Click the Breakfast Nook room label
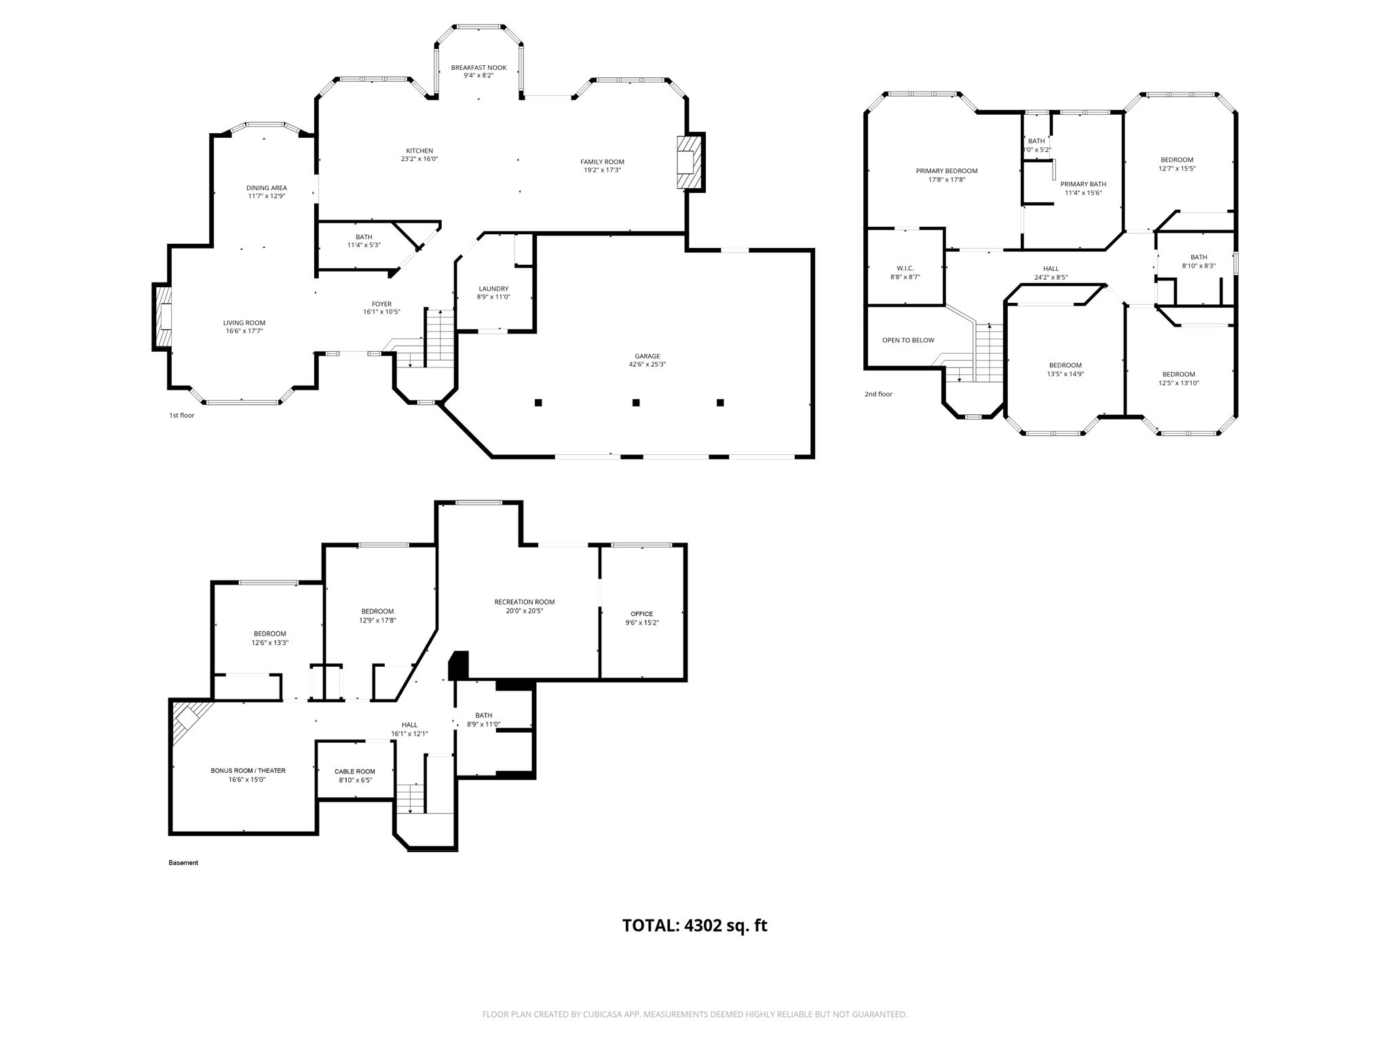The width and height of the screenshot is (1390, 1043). tap(478, 67)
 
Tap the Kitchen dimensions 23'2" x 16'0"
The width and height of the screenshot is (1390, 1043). tap(419, 159)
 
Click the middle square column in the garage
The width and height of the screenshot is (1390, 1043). tap(636, 403)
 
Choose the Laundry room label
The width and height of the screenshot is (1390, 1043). tap(493, 289)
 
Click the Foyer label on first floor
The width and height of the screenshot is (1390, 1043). tap(381, 304)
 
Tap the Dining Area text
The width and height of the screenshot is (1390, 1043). tap(266, 188)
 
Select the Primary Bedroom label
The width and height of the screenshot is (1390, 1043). tap(946, 171)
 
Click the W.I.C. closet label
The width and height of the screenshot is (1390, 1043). tap(905, 268)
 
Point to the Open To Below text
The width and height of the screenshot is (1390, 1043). tap(908, 340)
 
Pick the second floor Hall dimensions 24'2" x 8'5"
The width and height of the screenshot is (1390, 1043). tap(1051, 277)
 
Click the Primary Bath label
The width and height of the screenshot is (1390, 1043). tap(1083, 184)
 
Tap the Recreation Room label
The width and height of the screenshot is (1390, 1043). tap(525, 602)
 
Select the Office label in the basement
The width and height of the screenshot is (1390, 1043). tap(641, 614)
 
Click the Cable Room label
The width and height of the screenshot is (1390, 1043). tap(355, 771)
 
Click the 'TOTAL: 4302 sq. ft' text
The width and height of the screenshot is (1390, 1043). tap(694, 926)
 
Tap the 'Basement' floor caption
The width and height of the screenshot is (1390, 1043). tap(183, 862)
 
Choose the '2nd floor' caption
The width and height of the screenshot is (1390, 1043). tap(878, 394)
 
